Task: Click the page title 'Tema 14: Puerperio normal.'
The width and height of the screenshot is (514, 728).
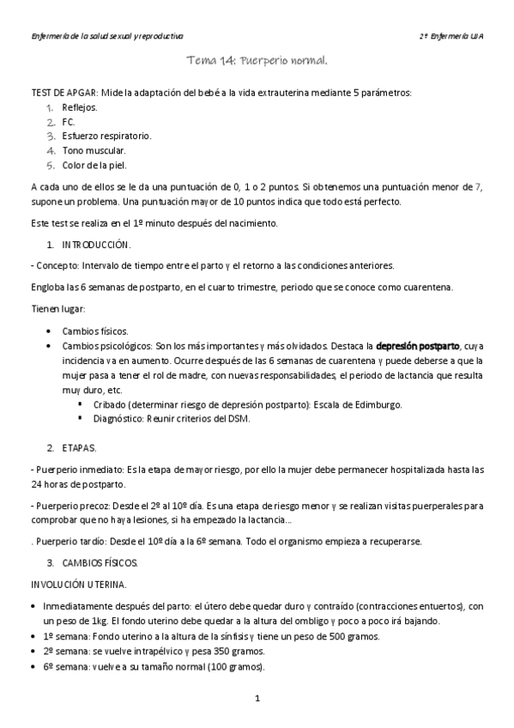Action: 257,62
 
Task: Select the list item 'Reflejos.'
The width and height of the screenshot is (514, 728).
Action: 80,107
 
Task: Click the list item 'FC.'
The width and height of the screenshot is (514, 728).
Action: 70,121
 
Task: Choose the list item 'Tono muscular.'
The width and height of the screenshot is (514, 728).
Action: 94,150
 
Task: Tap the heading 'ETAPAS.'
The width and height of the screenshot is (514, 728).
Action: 80,448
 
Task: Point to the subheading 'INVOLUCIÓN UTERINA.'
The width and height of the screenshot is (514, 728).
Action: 78,585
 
